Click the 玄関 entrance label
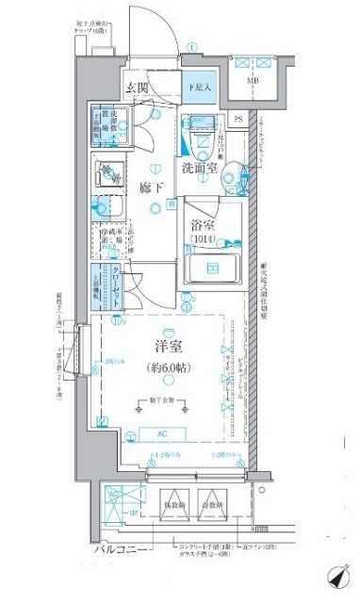pos(138,89)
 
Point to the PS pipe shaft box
pos(238,119)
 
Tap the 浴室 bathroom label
pos(205,226)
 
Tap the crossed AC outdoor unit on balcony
pos(115,505)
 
